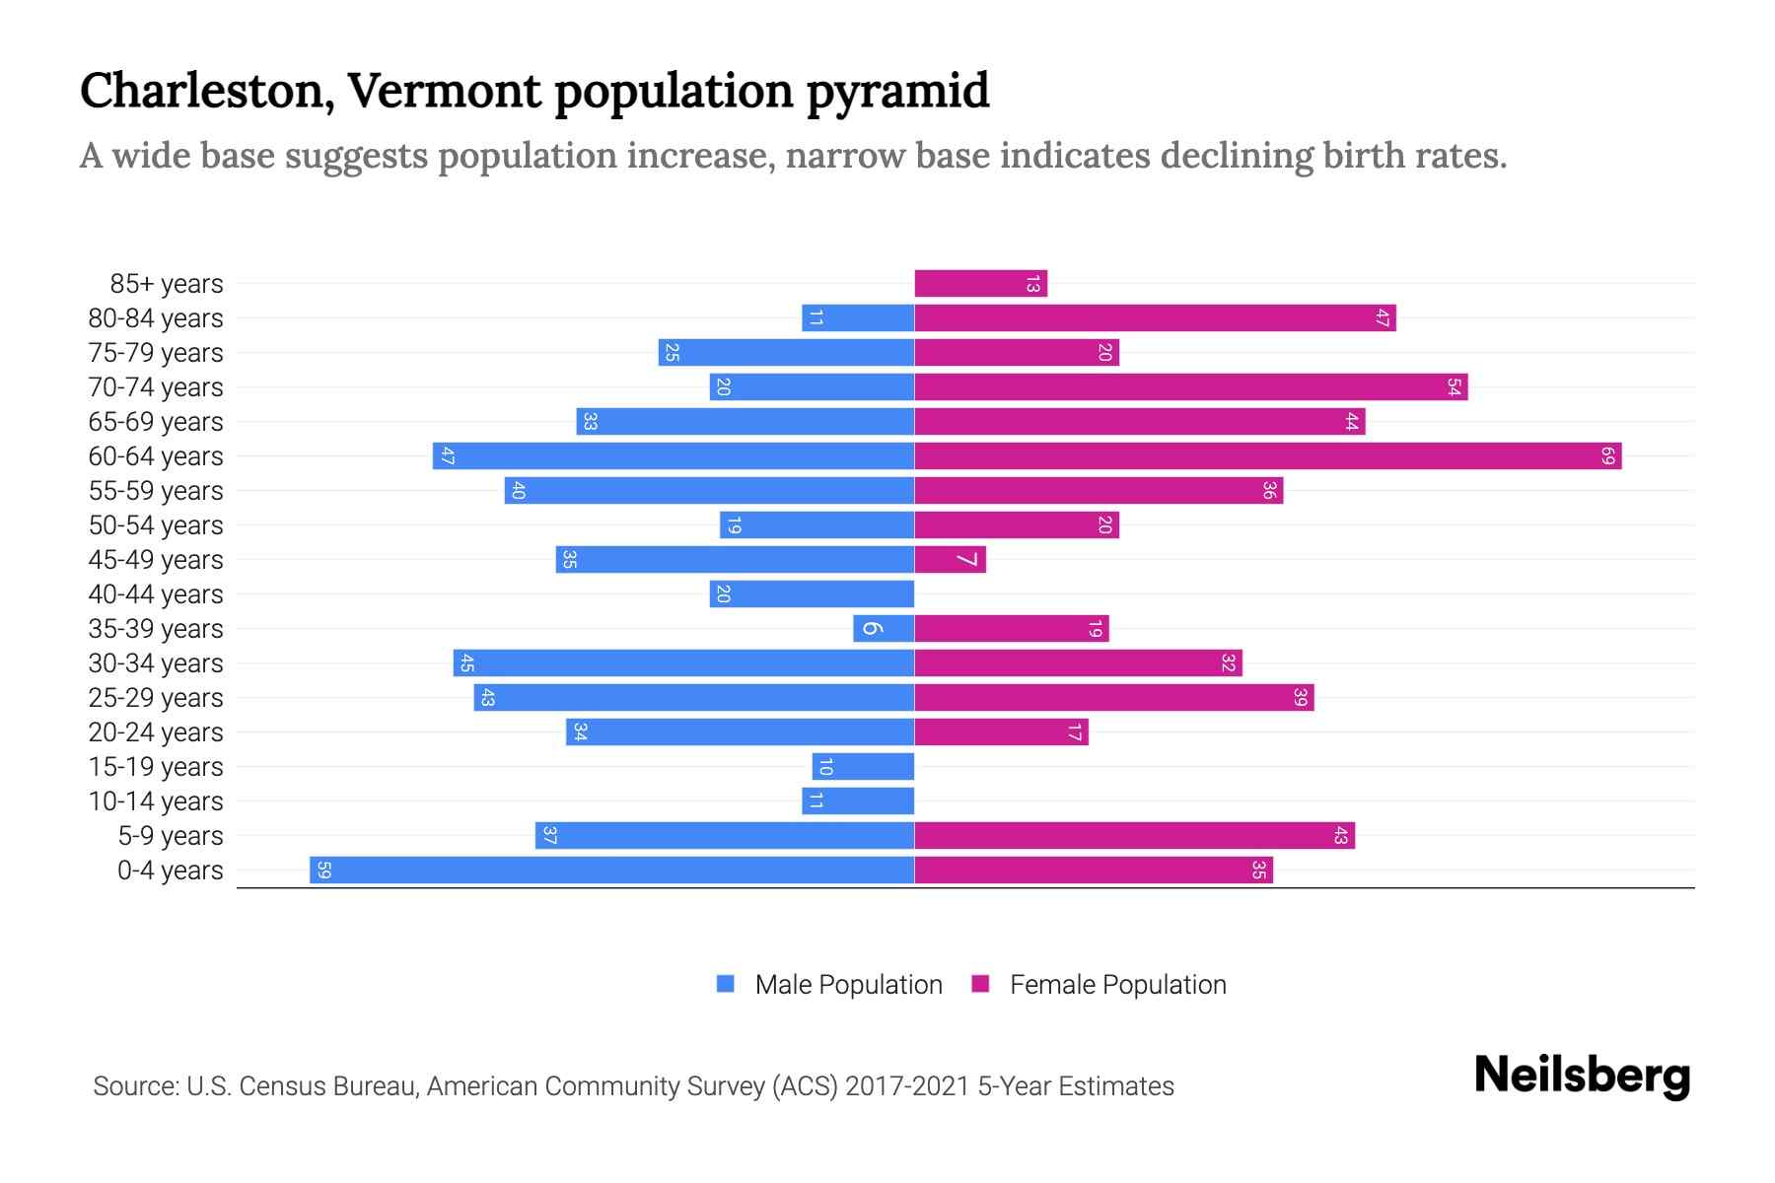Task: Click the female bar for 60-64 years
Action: coord(1267,456)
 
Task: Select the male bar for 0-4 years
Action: coord(611,870)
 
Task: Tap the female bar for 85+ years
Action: coord(980,284)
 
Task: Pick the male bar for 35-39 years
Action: coord(884,629)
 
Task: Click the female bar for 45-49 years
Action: coord(950,560)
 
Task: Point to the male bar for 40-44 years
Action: coord(812,594)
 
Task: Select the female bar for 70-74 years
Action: coord(1190,387)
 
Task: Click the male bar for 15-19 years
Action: coord(863,767)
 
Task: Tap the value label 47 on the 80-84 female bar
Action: coord(1383,318)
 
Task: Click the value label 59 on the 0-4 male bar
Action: coord(323,870)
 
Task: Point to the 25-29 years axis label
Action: coord(156,698)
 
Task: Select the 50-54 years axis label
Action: coord(156,525)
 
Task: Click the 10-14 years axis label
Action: coord(156,801)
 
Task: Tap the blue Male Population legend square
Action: coord(726,984)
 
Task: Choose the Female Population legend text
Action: coord(1117,985)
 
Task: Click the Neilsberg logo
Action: coord(1582,1076)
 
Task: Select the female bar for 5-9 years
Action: coord(1134,836)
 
